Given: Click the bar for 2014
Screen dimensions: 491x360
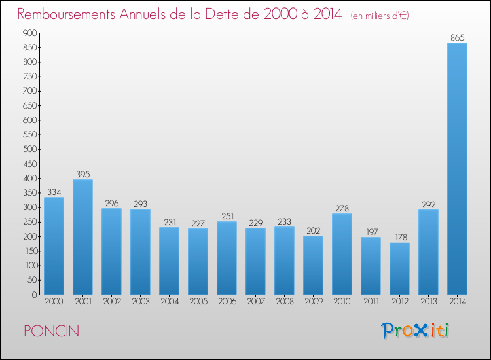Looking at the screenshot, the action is tap(457, 169).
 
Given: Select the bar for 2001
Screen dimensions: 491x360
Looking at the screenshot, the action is tap(82, 237).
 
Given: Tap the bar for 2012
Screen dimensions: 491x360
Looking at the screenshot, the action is tap(399, 268).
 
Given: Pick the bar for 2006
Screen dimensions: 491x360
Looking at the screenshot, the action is tap(227, 258).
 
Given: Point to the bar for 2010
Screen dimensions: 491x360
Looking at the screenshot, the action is tap(342, 254).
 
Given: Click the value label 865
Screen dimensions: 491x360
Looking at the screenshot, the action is tap(457, 38).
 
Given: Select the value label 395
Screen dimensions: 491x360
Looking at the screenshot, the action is tap(83, 174).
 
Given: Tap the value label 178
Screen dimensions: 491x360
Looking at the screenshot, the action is tap(401, 238).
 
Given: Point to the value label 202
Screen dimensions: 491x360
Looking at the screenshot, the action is tap(313, 230).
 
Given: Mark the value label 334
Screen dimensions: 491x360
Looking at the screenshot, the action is tap(54, 192).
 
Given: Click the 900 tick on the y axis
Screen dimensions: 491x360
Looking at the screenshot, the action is tap(30, 33).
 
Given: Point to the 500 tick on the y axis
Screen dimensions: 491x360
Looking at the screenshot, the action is tap(30, 149).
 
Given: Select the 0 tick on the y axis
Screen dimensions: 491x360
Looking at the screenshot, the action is tap(35, 295).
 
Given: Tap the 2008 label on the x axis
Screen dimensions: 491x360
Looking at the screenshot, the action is tap(285, 302).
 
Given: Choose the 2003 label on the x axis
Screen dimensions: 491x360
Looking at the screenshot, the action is tap(141, 302).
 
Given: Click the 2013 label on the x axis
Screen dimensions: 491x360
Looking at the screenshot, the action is tap(428, 302).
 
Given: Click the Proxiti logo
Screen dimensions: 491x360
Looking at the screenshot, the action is tap(415, 331).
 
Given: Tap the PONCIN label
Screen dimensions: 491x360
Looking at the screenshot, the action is tap(52, 331).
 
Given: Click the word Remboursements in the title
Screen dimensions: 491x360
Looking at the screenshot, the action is tap(66, 14).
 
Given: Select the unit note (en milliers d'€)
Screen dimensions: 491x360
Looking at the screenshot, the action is tap(380, 16).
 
